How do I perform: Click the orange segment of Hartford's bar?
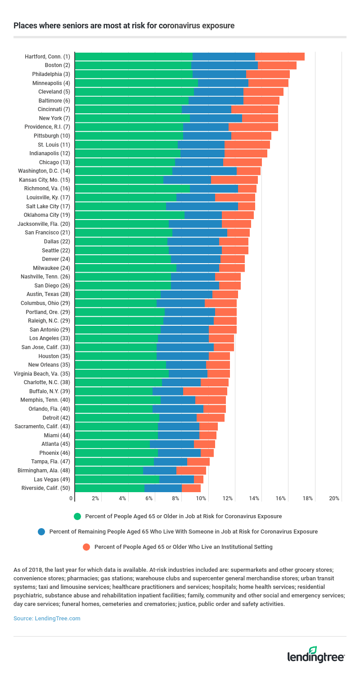(279, 57)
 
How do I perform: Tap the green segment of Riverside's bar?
(109, 488)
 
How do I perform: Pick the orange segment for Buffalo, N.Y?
(205, 391)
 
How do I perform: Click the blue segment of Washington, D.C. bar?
(204, 171)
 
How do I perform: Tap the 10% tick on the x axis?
(201, 498)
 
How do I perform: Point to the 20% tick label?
(334, 498)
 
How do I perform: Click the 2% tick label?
(95, 498)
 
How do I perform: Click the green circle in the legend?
(77, 516)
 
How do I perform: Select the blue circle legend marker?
(41, 531)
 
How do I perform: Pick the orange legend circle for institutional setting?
(86, 547)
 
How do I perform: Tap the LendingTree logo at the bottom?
(316, 655)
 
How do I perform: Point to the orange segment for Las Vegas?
(198, 479)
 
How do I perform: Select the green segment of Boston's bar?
(133, 66)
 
